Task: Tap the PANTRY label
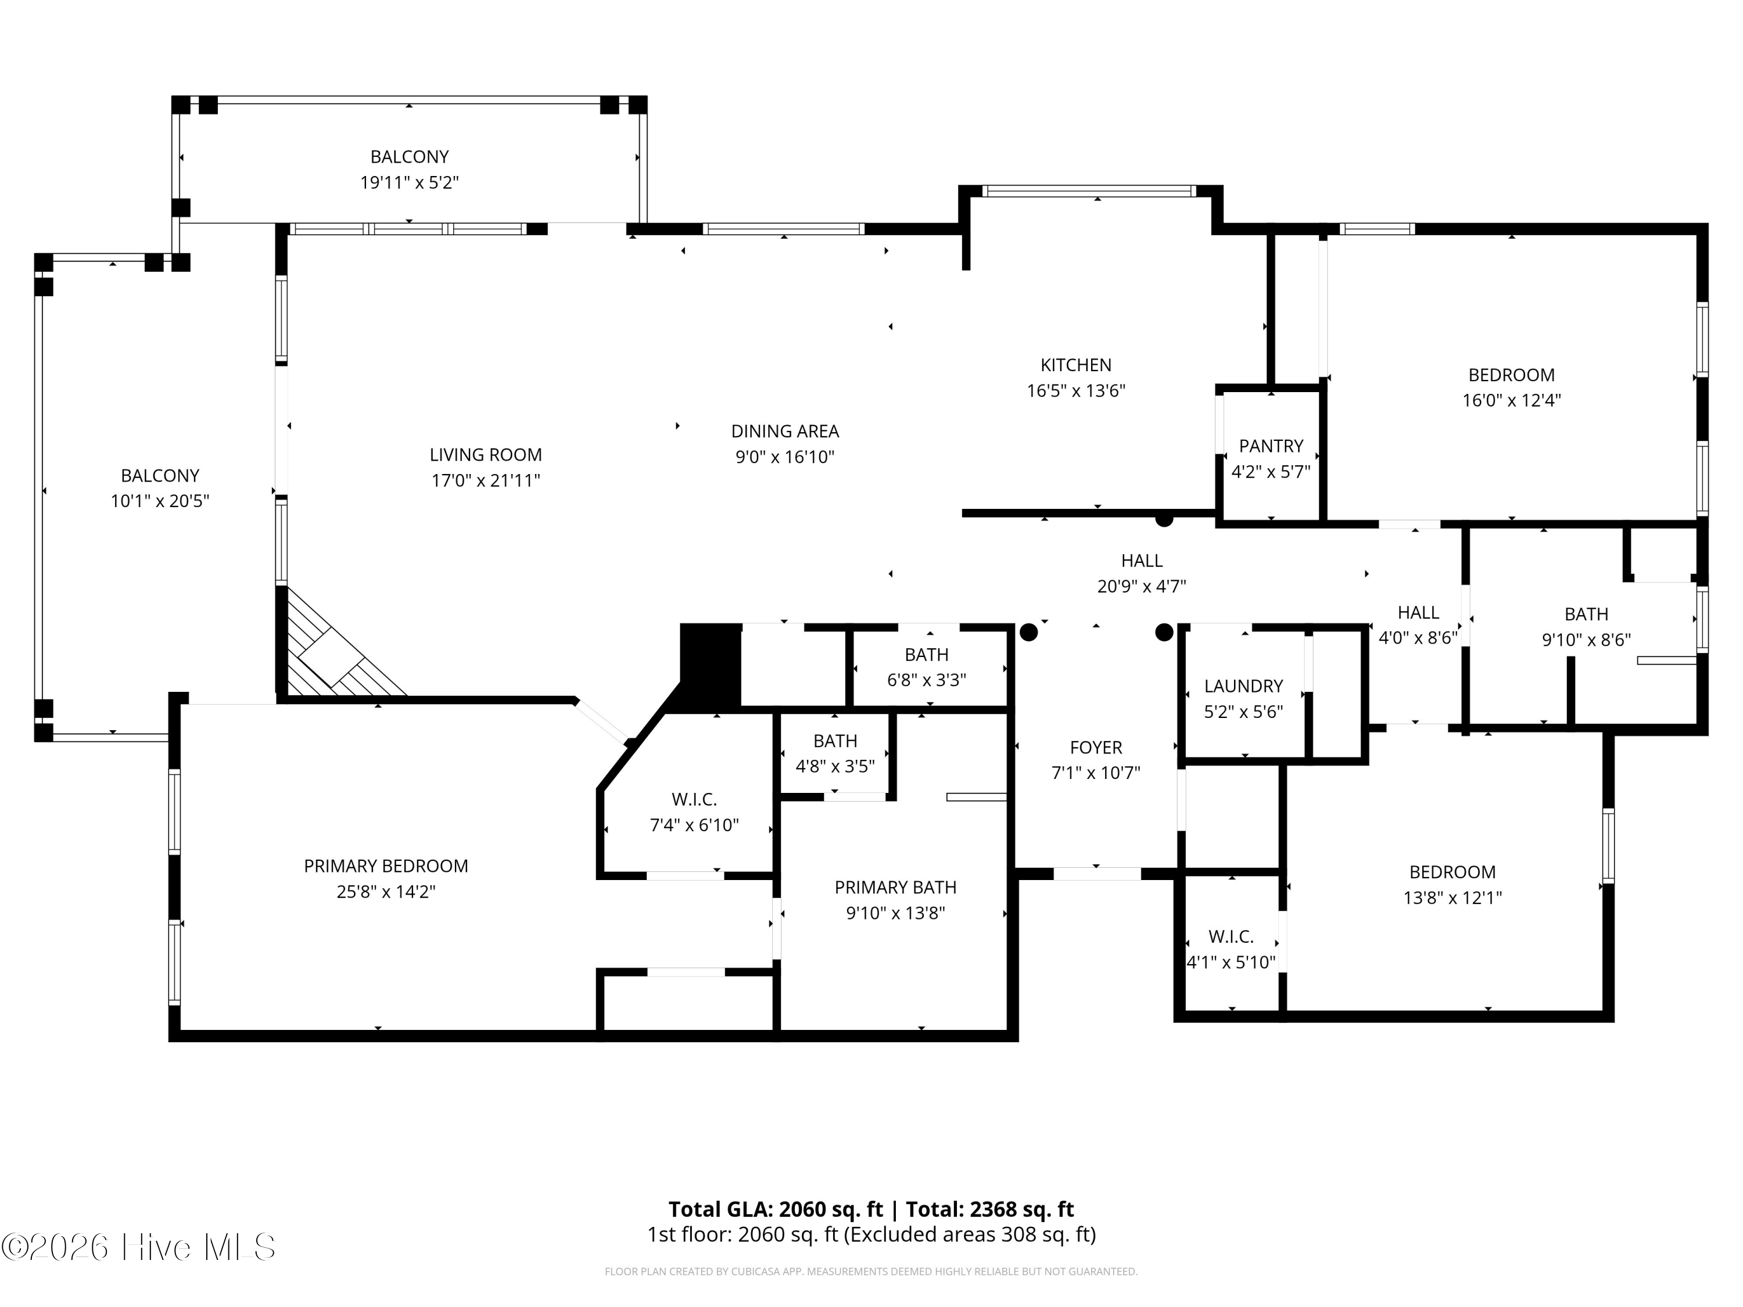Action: [1271, 446]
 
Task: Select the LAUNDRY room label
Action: [1243, 686]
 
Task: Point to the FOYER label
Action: [1096, 747]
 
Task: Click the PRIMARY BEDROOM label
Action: [386, 866]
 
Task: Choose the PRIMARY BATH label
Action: [895, 887]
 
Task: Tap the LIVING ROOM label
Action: [485, 455]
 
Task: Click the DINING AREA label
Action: [785, 431]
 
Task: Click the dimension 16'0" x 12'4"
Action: [1511, 400]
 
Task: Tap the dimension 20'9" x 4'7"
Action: [1142, 586]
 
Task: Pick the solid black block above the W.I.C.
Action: [711, 666]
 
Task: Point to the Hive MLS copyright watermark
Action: [139, 1247]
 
